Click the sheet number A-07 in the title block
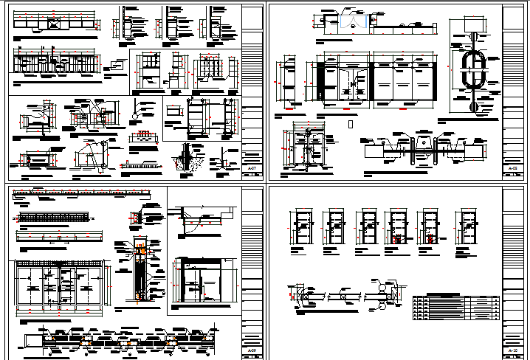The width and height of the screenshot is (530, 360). click(x=252, y=168)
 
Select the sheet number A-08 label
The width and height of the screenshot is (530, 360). click(x=512, y=168)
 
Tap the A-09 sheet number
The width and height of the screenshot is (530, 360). click(x=252, y=350)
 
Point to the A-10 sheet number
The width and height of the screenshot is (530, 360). click(x=512, y=350)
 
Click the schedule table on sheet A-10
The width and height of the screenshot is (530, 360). click(x=455, y=302)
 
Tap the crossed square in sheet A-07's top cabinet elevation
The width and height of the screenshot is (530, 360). click(x=53, y=24)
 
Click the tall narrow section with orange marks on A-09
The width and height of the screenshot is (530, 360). click(x=140, y=271)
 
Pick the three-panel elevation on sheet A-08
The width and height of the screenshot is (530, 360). click(x=405, y=81)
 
